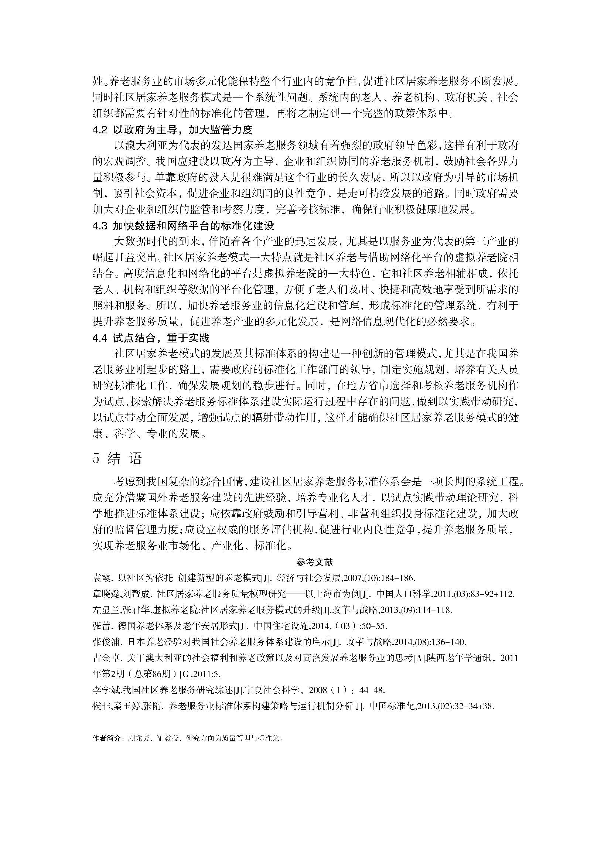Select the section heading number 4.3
[100, 226]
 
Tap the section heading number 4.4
[100, 338]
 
